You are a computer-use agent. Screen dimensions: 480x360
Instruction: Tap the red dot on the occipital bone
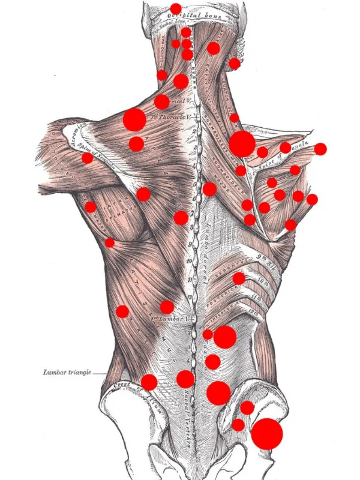pos(175,8)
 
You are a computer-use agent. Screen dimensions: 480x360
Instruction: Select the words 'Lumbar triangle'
pos(67,373)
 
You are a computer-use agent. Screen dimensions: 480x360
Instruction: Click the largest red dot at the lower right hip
pos(266,433)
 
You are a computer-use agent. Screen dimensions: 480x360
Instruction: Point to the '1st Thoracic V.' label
pos(170,119)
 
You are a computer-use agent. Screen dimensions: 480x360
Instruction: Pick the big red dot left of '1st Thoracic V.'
pos(134,120)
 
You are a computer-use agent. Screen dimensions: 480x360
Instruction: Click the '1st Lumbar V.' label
pos(170,317)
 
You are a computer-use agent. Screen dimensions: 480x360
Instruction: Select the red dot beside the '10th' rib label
pos(239,278)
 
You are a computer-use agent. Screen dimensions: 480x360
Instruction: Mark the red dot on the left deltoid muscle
pos(88,158)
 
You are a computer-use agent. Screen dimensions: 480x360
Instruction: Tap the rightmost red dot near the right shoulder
pos(320,149)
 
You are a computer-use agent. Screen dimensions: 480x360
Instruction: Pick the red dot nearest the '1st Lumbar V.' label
pos(167,307)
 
